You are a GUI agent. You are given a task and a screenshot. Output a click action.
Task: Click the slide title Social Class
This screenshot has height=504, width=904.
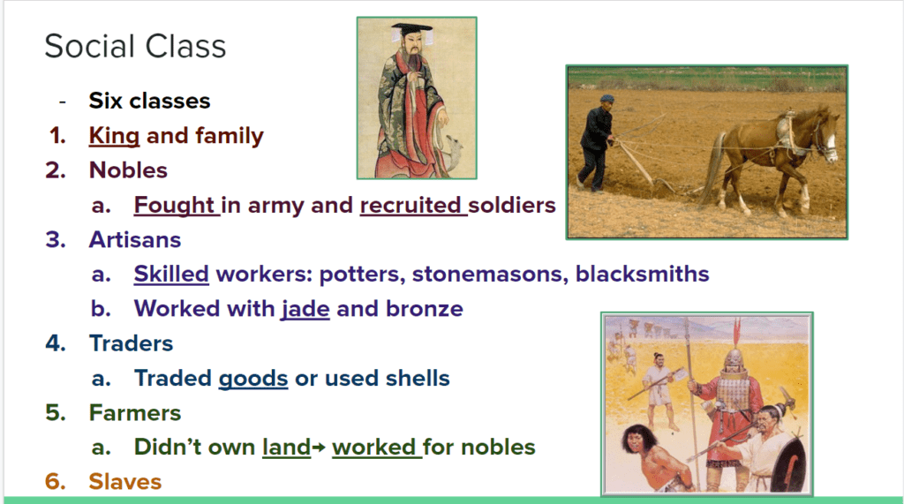pyautogui.click(x=135, y=46)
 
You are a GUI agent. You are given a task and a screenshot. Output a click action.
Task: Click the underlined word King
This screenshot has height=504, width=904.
pyautogui.click(x=114, y=136)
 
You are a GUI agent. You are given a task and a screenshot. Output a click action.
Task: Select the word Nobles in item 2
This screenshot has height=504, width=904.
pyautogui.click(x=128, y=170)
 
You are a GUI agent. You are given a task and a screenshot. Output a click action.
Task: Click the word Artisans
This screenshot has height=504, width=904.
pyautogui.click(x=135, y=239)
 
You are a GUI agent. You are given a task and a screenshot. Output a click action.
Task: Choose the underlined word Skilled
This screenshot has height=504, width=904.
pyautogui.click(x=171, y=274)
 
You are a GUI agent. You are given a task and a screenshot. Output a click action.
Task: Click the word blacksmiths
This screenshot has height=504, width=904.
pyautogui.click(x=643, y=274)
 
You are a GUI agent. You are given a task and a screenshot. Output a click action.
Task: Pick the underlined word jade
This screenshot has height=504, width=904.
pyautogui.click(x=305, y=309)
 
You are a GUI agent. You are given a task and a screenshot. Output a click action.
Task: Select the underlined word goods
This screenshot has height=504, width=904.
pyautogui.click(x=253, y=379)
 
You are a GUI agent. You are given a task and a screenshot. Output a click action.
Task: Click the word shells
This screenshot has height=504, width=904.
pyautogui.click(x=418, y=379)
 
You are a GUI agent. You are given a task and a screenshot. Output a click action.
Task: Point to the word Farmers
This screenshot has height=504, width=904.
pyautogui.click(x=135, y=413)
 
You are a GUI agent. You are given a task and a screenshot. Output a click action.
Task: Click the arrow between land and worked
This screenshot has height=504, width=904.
pyautogui.click(x=318, y=448)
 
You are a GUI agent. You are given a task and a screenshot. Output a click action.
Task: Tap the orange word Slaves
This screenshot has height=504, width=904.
pyautogui.click(x=125, y=482)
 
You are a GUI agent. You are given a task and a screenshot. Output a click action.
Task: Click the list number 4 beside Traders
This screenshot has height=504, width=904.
pyautogui.click(x=56, y=343)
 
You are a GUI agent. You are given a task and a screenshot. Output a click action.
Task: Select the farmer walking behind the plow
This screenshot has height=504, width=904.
pyautogui.click(x=597, y=142)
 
